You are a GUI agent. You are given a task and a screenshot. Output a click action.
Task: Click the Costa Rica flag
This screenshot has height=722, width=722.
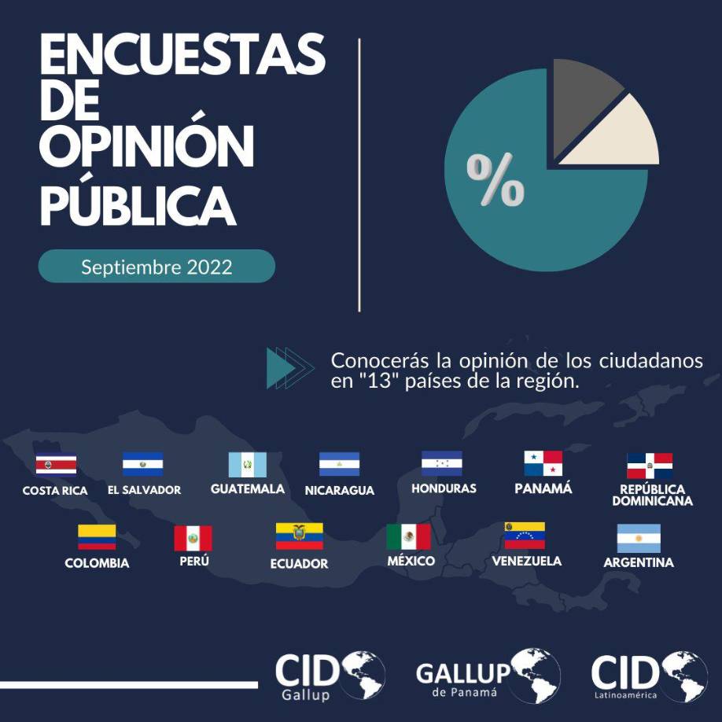coord(56,465)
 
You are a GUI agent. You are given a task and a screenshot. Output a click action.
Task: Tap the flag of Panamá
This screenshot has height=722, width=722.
coord(543,463)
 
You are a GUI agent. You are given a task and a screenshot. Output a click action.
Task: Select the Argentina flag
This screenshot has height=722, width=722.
coord(638,538)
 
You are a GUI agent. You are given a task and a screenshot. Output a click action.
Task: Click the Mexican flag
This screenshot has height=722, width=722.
coord(408,537)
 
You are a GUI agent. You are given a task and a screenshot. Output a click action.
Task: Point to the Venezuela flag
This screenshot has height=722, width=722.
coord(525,536)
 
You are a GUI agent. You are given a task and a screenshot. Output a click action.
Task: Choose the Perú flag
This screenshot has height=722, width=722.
coord(193,539)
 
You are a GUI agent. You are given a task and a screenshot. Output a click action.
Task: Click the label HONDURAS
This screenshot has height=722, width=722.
coord(444,488)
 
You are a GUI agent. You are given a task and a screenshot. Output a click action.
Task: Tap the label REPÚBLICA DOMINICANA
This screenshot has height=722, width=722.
coord(652,495)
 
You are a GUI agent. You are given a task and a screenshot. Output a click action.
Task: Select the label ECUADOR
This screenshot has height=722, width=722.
coord(299,564)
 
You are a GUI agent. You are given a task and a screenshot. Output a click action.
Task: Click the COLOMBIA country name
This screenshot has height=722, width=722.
coord(97,563)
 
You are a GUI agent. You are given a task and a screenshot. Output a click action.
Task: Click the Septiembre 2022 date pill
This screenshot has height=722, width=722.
coord(157,267)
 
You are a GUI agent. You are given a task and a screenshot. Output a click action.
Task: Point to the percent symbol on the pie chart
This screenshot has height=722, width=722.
coord(495,179)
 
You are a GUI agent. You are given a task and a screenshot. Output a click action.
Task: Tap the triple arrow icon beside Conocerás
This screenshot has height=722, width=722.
coord(289,368)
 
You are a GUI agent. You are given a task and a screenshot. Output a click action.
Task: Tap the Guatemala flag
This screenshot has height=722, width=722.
coord(248,465)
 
